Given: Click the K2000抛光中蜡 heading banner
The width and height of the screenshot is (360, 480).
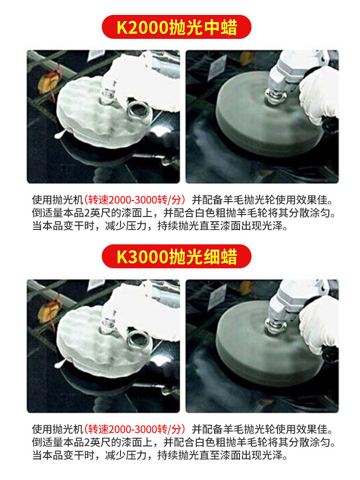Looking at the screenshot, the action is click(x=177, y=27).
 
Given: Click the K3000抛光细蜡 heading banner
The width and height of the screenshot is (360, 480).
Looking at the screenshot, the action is click(x=177, y=256).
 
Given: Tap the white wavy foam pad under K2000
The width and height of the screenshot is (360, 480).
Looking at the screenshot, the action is click(x=101, y=116).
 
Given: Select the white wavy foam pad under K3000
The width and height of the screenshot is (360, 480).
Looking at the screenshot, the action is click(x=101, y=346).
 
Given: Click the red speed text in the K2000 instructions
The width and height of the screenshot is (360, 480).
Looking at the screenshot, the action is click(x=135, y=200).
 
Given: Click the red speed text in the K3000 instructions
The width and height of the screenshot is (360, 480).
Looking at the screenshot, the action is click(x=135, y=429).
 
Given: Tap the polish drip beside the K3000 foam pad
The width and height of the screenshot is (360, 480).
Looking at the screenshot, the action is click(x=59, y=364).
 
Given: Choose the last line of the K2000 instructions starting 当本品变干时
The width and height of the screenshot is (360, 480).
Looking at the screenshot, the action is click(x=160, y=226).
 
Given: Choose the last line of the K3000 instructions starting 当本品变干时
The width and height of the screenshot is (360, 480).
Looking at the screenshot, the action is click(x=160, y=455).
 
